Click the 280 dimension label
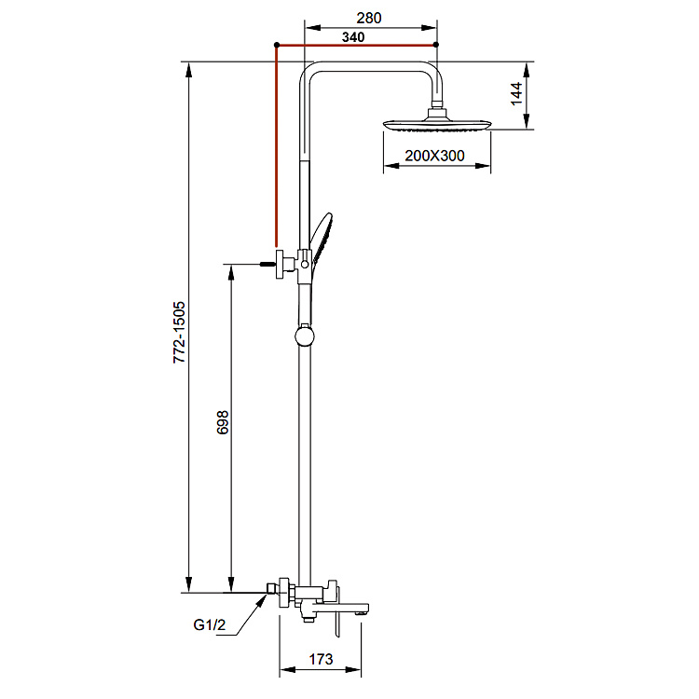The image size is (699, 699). [369, 18]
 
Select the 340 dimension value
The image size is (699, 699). [353, 37]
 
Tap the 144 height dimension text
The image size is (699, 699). [516, 93]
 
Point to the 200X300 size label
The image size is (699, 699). [434, 156]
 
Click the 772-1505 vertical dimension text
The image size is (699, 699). [179, 332]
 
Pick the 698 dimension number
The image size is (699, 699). [223, 422]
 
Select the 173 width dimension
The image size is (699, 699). [321, 658]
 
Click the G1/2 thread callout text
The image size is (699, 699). [210, 625]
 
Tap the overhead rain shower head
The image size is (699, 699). [437, 124]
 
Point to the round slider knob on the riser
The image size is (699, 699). [305, 336]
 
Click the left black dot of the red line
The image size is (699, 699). [277, 45]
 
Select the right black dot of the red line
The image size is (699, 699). [436, 45]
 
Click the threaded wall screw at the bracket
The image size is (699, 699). [267, 264]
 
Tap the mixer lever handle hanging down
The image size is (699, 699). [337, 613]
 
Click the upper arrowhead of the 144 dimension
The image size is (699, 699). [527, 70]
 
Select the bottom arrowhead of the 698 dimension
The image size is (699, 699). [231, 584]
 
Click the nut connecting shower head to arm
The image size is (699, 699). [436, 104]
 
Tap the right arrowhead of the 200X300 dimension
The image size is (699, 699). [483, 166]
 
